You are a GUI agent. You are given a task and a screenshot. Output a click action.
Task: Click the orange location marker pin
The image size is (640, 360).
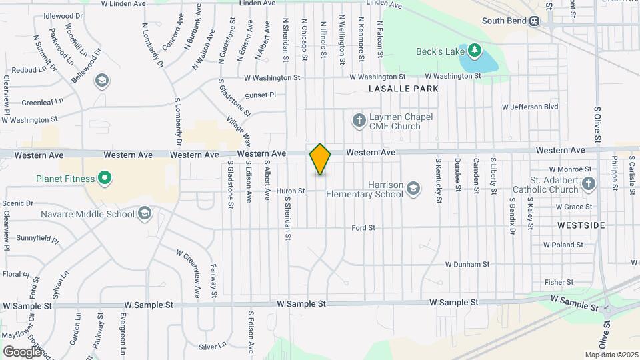coord(320,159)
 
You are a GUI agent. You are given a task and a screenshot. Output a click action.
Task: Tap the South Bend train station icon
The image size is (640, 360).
coord(534,21)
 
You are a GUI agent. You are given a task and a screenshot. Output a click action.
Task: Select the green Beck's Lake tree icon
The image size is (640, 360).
coord(474,51)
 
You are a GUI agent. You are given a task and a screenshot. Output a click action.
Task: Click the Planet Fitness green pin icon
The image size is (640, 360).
coord(105,178)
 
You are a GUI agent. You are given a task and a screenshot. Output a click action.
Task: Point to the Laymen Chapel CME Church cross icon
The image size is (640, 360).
coord(359,121)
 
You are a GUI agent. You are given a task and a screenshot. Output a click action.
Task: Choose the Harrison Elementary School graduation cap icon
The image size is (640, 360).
coord(413,189)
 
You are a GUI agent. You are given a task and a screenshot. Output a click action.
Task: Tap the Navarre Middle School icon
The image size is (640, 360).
coord(145,214)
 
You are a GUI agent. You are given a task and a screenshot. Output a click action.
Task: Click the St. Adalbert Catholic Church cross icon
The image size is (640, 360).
coord(588,184)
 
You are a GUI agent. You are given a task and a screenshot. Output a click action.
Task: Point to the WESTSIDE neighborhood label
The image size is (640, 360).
coord(581,226)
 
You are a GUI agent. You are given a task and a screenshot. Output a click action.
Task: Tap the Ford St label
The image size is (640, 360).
coord(363,228)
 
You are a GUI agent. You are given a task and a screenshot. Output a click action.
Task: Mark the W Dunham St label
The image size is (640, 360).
coord(471,265)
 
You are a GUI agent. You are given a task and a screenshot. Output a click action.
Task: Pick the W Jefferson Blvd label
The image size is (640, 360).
coord(530,107)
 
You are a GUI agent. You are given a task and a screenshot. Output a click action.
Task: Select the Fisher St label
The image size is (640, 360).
coord(559,283)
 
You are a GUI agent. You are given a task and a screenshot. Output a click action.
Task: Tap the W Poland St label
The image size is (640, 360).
coord(563,245)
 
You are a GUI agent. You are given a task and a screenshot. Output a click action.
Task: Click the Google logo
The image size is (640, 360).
coord(22,351)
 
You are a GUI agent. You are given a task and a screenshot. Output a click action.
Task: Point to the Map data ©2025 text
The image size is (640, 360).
coord(611,355)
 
